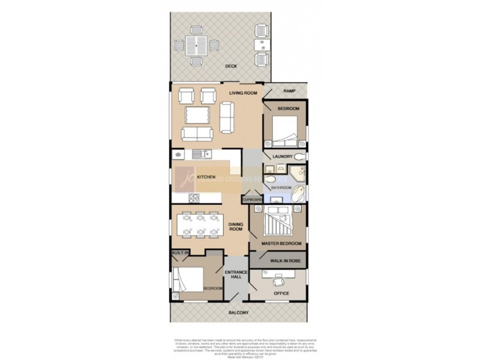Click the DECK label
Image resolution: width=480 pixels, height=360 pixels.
point(230,66)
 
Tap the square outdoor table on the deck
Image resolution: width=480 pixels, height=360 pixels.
point(195,44)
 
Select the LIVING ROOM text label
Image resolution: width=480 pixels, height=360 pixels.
point(243,93)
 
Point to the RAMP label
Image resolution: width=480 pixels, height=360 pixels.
point(290,91)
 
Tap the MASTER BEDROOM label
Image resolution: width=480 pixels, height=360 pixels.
point(281,244)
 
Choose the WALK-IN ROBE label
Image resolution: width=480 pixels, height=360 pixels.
point(284,261)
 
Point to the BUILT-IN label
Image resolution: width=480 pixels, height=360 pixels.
point(180,254)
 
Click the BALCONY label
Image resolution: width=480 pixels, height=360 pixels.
point(239,313)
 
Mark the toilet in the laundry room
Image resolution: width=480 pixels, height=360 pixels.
point(299,156)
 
